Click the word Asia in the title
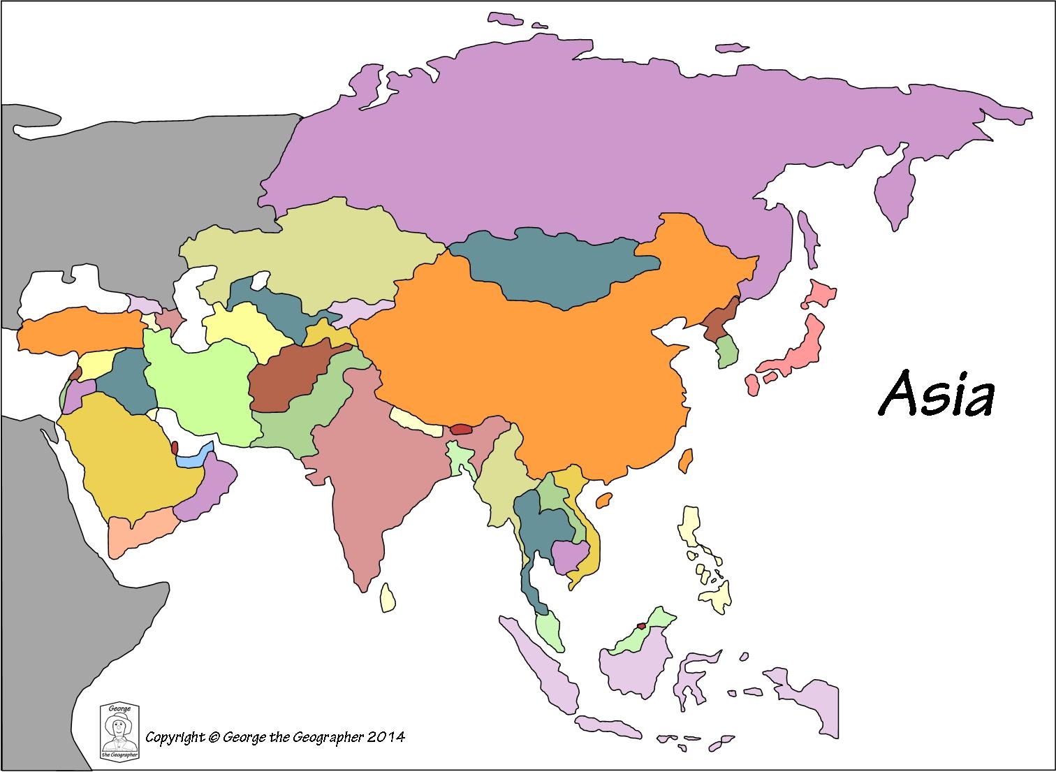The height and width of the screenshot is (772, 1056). pos(935,393)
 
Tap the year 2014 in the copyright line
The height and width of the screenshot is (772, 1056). pos(386,736)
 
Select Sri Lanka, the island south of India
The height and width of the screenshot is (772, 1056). pos(388,597)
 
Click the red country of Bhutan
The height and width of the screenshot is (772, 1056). pos(462,429)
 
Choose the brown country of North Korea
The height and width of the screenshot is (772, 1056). pos(719,321)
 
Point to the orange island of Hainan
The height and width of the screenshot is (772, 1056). pos(604,500)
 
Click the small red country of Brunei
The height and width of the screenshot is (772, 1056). pos(640,626)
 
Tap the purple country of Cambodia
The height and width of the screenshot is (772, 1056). pos(569,555)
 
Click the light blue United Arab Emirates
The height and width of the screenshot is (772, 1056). pos(191,458)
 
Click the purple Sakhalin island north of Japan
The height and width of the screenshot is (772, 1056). pos(808,238)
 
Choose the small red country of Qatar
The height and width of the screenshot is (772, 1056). pos(174,447)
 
